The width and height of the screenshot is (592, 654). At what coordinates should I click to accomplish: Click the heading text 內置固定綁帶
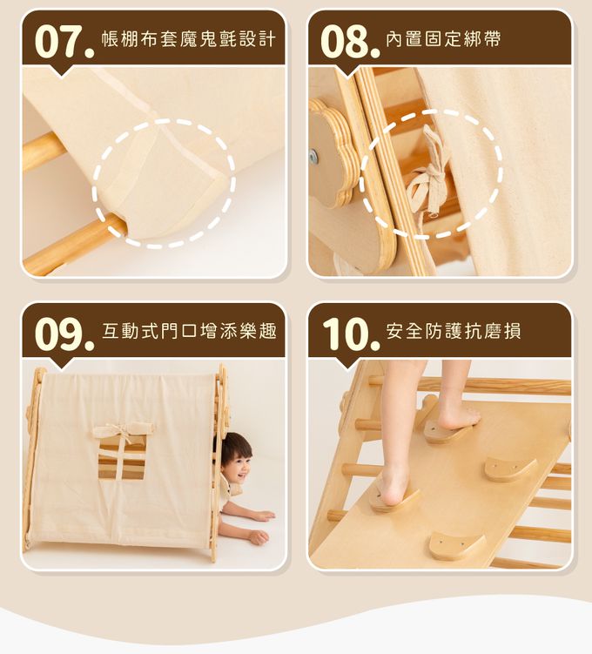443,40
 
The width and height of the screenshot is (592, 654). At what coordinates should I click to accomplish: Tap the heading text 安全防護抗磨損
454,331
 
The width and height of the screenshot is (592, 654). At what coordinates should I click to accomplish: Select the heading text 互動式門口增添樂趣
189,331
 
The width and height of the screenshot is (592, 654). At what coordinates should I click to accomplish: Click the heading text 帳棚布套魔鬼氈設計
188,40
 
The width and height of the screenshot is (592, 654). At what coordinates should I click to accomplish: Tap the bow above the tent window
123,429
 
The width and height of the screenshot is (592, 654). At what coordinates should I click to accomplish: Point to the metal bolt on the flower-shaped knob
314,157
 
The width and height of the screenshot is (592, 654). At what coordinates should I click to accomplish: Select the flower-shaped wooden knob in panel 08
331,154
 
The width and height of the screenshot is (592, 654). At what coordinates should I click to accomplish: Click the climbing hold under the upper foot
446,431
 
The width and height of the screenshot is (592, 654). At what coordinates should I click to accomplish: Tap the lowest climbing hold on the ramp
457,546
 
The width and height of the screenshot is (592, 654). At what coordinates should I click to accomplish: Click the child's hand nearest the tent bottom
258,536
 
